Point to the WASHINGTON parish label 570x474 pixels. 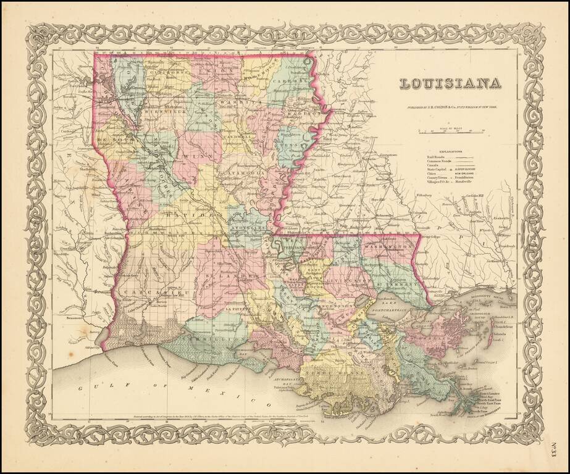pos(388,246)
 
